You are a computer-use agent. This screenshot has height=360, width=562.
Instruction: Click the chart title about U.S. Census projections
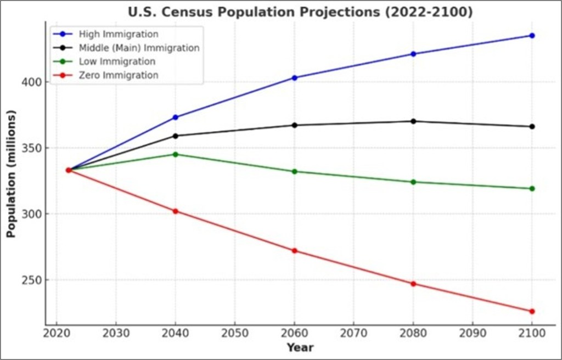pyautogui.click(x=300, y=12)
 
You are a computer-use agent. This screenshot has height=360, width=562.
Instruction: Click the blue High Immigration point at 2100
pyautogui.click(x=532, y=36)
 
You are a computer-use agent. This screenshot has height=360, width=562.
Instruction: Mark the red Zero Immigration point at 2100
pyautogui.click(x=532, y=311)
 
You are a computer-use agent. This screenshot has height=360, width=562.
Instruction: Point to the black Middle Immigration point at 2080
pyautogui.click(x=413, y=121)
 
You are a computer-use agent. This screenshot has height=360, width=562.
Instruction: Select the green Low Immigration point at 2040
pyautogui.click(x=176, y=154)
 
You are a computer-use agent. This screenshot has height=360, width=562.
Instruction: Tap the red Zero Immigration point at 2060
pyautogui.click(x=295, y=251)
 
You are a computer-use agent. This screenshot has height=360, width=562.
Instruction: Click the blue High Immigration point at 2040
pyautogui.click(x=176, y=117)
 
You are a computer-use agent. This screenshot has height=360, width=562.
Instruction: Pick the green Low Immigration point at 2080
pyautogui.click(x=413, y=182)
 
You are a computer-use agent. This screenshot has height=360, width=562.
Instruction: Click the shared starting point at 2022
pyautogui.click(x=69, y=170)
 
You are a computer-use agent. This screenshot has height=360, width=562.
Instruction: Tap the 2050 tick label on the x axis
pyautogui.click(x=235, y=333)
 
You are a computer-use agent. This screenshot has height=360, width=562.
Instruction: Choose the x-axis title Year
pyautogui.click(x=300, y=347)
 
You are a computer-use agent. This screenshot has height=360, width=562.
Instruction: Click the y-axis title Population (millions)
pyautogui.click(x=12, y=173)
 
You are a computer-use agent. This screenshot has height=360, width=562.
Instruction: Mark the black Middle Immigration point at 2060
pyautogui.click(x=295, y=125)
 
